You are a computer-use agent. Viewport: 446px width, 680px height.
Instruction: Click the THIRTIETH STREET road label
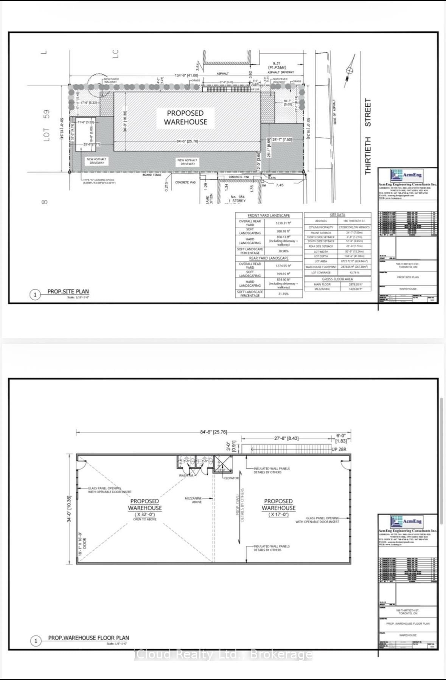click(x=368, y=136)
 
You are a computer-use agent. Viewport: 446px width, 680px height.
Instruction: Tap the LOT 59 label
click(x=47, y=126)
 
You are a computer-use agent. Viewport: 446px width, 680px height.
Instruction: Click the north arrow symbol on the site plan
click(x=350, y=71)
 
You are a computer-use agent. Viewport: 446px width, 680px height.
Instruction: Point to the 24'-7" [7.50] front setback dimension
click(x=282, y=140)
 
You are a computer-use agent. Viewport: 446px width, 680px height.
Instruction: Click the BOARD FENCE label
click(x=152, y=175)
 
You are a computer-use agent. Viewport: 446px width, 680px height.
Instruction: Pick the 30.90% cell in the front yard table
click(x=283, y=251)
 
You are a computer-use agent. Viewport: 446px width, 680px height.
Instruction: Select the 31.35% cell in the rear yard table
click(x=283, y=293)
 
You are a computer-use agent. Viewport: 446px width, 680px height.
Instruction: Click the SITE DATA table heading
click(x=337, y=215)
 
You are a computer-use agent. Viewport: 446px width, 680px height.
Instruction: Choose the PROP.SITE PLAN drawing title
click(x=68, y=292)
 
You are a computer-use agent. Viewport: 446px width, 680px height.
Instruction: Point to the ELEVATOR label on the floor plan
click(x=231, y=478)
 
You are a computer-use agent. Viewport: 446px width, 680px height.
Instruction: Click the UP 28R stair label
click(x=339, y=449)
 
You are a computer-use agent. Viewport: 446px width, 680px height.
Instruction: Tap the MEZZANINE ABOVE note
click(x=193, y=500)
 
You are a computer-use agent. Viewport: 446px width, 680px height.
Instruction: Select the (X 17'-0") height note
click(x=278, y=514)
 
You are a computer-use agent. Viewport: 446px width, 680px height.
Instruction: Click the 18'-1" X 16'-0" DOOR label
click(x=82, y=544)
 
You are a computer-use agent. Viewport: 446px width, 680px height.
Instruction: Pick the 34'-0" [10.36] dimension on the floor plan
click(x=69, y=509)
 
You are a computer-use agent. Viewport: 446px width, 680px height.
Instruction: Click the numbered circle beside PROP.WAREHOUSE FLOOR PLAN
click(x=36, y=641)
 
